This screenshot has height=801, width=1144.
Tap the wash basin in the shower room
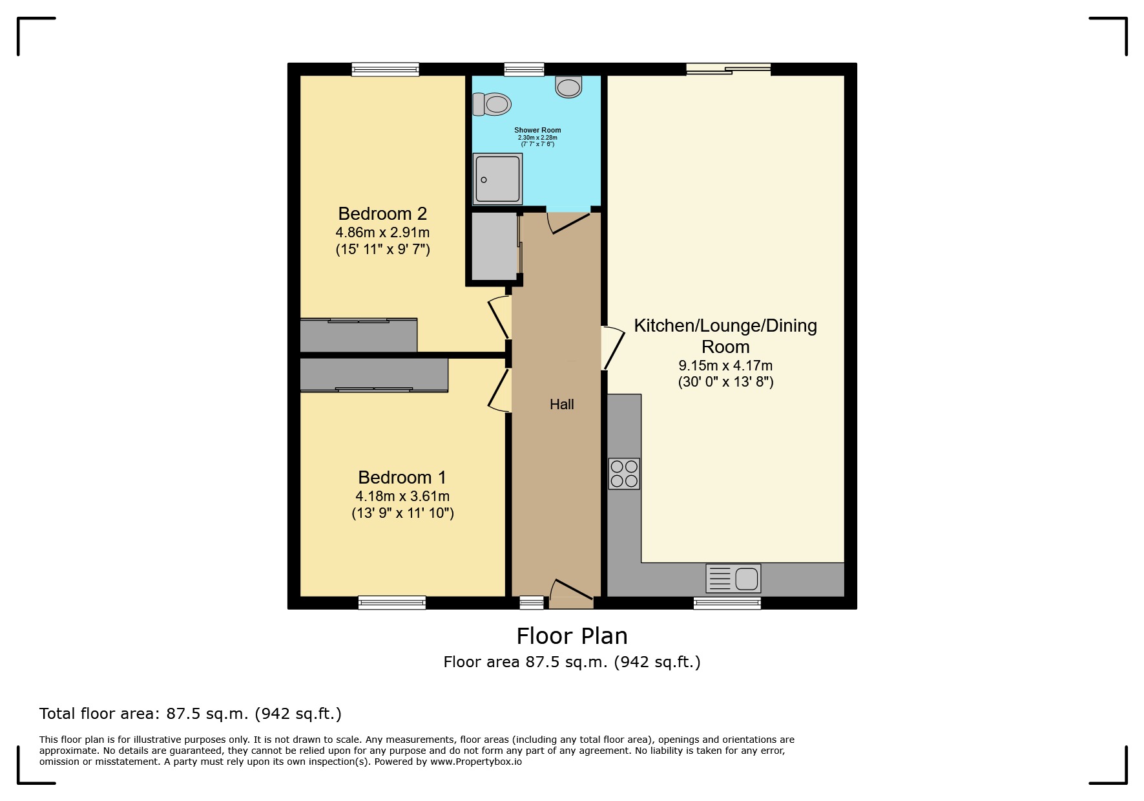click(x=568, y=87)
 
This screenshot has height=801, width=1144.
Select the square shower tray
click(x=497, y=179)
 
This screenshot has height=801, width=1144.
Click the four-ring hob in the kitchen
click(x=624, y=474)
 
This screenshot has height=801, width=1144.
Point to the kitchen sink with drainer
click(x=733, y=578)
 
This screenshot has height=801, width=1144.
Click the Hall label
click(x=561, y=405)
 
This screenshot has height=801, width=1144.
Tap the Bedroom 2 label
click(x=382, y=214)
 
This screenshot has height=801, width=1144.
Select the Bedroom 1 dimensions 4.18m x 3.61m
click(x=402, y=497)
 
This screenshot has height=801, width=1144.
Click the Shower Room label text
click(x=537, y=130)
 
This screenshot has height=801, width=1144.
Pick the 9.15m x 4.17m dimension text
click(x=725, y=365)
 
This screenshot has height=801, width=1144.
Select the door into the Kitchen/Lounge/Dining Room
click(x=613, y=348)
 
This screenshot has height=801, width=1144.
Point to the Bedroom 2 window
click(x=386, y=69)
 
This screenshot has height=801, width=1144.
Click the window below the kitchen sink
click(x=727, y=603)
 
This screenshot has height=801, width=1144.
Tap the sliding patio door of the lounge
click(x=728, y=69)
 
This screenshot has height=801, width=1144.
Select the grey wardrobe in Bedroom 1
click(x=374, y=374)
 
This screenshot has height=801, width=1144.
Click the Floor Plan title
click(x=572, y=636)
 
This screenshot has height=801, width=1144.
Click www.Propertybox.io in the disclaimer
click(x=475, y=762)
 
